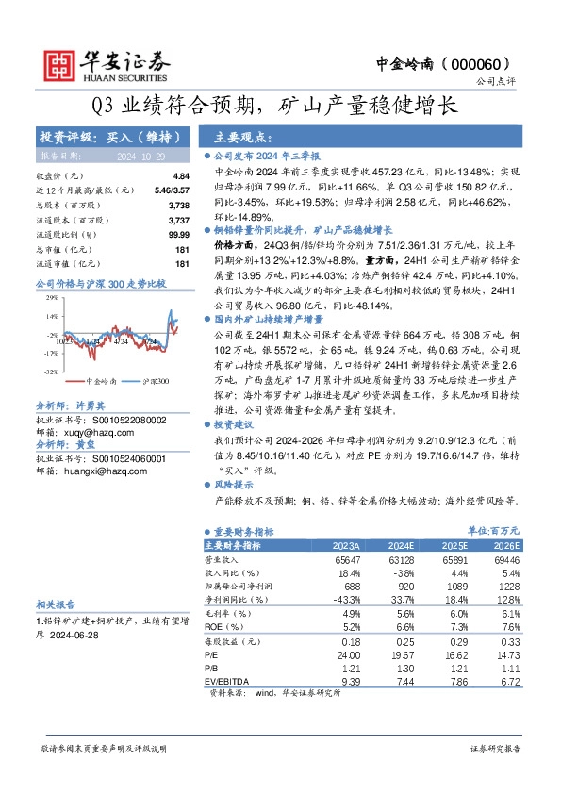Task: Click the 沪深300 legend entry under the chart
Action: point(151,382)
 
